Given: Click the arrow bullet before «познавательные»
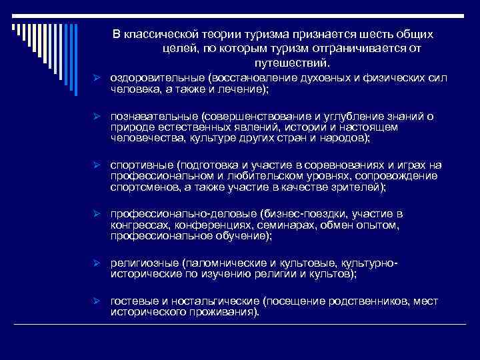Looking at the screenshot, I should pos(97,117).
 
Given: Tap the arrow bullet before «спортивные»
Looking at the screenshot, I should pos(97,165).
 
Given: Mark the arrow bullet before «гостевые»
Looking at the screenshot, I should pos(97,302).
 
